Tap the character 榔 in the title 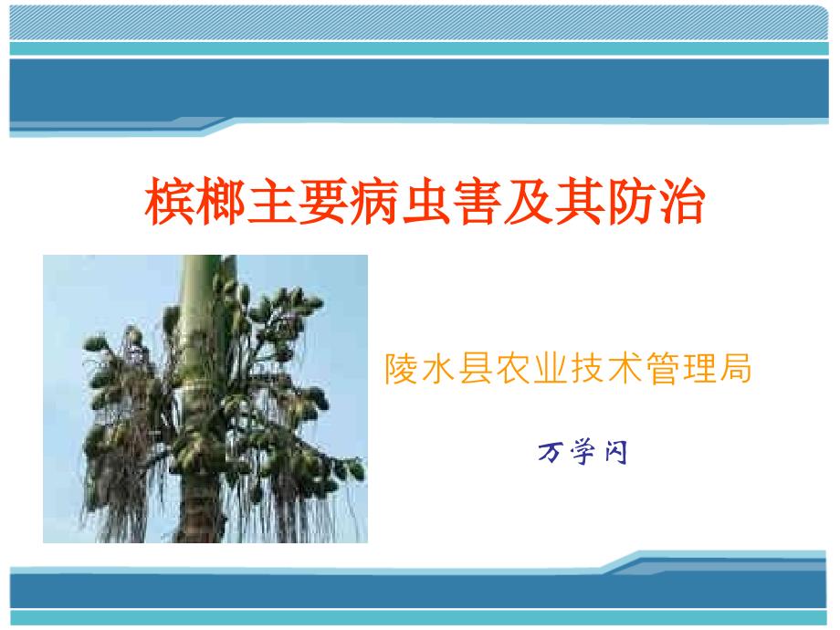click(221, 202)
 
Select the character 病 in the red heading click(374, 202)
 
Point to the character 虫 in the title click(425, 202)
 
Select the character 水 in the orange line click(439, 369)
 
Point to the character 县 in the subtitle click(476, 369)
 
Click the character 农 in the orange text click(513, 369)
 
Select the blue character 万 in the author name click(550, 452)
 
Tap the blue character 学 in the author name click(583, 452)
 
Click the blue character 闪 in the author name click(616, 452)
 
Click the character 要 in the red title click(323, 202)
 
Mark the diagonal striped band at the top click(419, 22)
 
